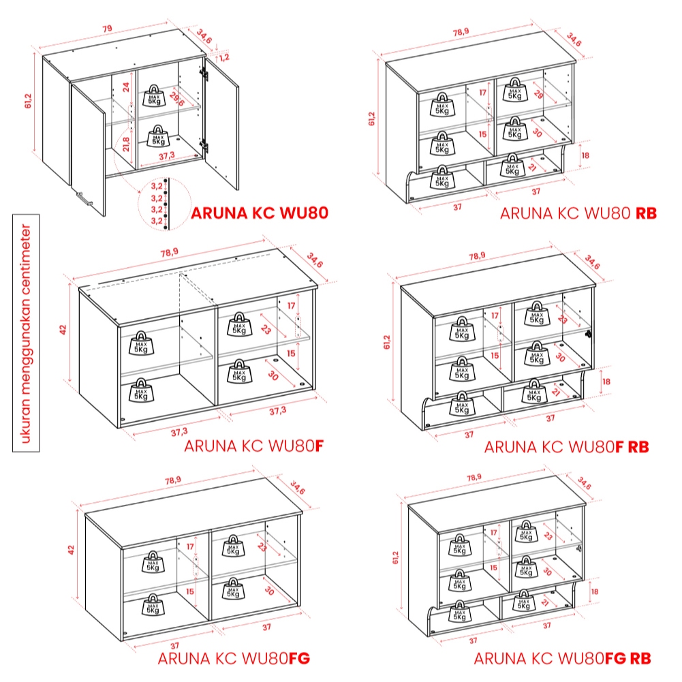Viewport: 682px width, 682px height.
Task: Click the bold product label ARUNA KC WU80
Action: tap(260, 213)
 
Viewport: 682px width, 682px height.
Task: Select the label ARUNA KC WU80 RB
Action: tap(578, 213)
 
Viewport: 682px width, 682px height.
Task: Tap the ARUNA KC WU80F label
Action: tap(254, 446)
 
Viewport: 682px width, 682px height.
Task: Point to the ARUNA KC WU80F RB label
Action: tap(566, 447)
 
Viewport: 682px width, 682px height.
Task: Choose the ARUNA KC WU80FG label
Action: tap(234, 658)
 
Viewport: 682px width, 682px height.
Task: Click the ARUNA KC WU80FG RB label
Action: tap(562, 658)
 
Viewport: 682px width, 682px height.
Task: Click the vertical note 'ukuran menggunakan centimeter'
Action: tap(26, 333)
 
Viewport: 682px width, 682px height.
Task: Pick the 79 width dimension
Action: tap(107, 29)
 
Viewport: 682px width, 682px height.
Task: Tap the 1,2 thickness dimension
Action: tap(224, 57)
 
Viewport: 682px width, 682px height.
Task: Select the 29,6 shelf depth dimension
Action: tap(177, 99)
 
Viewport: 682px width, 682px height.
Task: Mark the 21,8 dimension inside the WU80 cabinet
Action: tap(125, 144)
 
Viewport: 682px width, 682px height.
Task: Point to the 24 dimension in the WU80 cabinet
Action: tap(125, 87)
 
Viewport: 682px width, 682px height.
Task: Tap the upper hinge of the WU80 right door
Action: tap(203, 74)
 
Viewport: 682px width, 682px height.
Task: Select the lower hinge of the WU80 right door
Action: tap(203, 145)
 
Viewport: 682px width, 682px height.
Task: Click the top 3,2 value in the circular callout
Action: tap(157, 186)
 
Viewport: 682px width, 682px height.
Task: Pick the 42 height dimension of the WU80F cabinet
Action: tap(63, 329)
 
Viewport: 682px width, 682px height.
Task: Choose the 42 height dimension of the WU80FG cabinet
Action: tap(72, 551)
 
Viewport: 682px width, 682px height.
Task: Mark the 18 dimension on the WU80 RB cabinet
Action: tap(585, 155)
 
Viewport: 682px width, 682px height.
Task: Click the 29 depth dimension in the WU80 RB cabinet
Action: tap(538, 93)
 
